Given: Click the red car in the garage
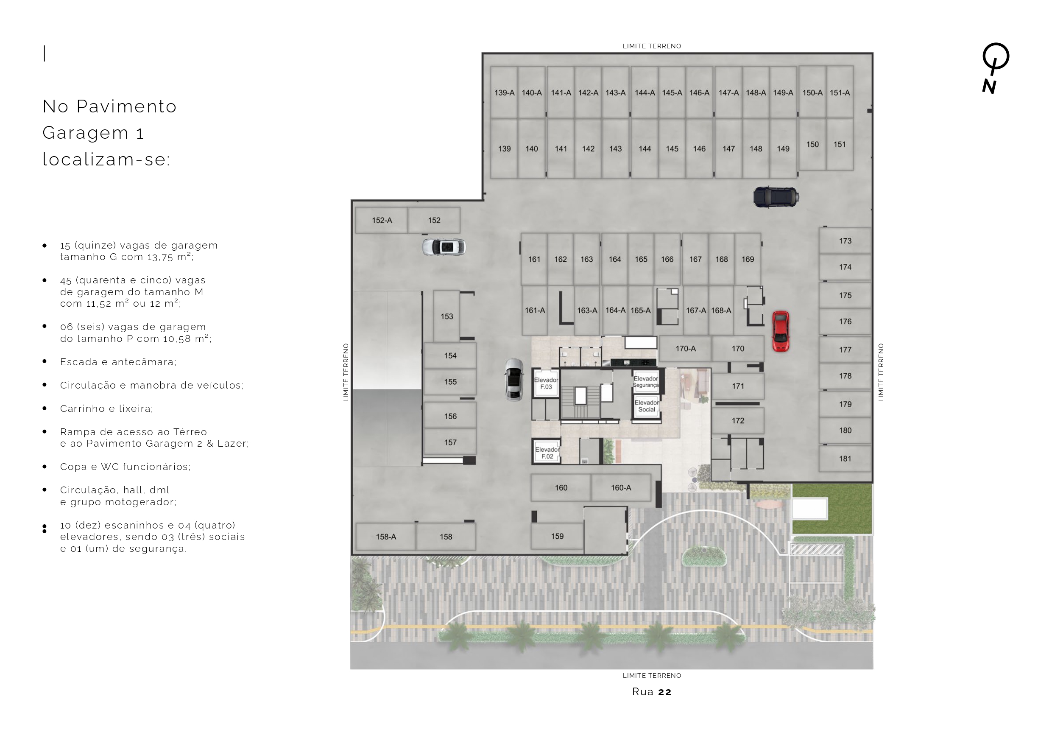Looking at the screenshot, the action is [x=780, y=331].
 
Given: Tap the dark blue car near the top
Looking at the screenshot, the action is [x=776, y=197].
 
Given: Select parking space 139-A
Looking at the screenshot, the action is [x=504, y=92].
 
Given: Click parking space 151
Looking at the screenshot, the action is [x=840, y=144].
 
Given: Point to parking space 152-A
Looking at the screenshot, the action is [x=382, y=220].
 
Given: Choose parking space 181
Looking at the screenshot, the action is [x=845, y=459].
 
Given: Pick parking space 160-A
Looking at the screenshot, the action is [x=621, y=488].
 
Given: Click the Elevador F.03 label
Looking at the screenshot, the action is [x=546, y=383].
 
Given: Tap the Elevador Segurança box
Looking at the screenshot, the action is [x=646, y=381].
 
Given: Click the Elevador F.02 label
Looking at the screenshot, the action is [x=547, y=453].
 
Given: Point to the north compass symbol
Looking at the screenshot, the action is [x=995, y=68].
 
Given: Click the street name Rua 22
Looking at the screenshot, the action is [x=652, y=692].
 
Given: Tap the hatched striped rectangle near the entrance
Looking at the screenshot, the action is [x=816, y=549].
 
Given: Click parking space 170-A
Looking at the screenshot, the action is [x=686, y=348].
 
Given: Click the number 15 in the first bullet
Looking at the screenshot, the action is [x=65, y=245].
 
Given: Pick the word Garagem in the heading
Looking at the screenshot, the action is [x=86, y=133].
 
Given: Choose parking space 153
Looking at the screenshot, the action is [x=447, y=316].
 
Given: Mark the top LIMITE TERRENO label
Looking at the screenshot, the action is [x=652, y=46].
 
